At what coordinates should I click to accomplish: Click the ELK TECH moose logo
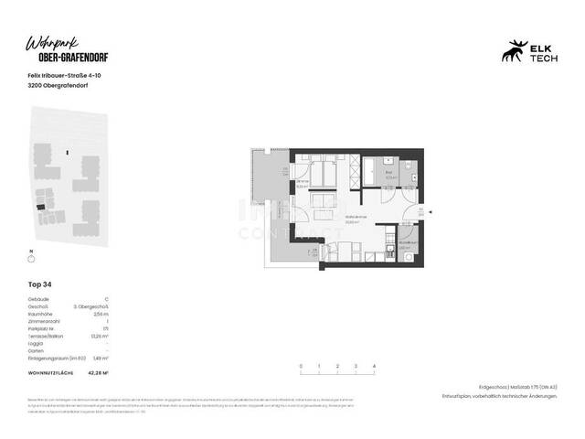tap(511, 52)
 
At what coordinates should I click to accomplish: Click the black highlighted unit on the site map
tap(39, 207)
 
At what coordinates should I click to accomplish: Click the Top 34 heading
tap(40, 284)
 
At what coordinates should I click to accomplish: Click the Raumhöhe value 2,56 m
tap(101, 315)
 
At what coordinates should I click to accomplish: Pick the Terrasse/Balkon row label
tap(48, 337)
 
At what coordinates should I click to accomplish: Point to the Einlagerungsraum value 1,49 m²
tap(100, 359)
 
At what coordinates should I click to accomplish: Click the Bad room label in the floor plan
tap(388, 172)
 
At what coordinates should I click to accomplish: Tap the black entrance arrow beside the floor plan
tap(431, 212)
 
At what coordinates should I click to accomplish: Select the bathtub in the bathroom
tap(374, 166)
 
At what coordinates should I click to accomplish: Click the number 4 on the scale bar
tap(375, 366)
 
